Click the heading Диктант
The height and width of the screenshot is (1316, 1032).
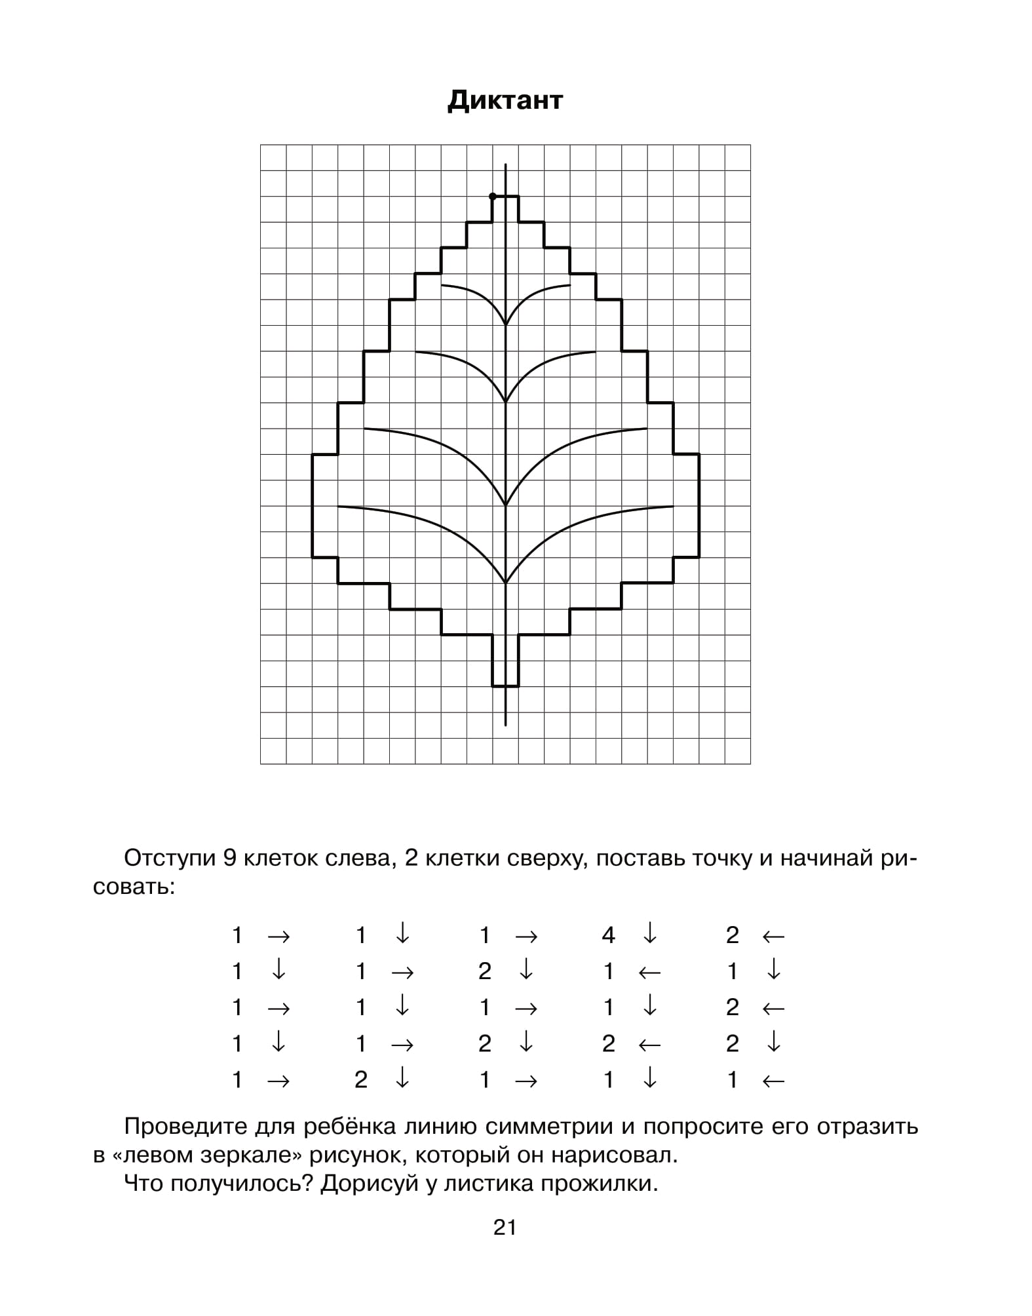(x=505, y=100)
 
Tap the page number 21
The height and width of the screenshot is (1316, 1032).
(x=505, y=1227)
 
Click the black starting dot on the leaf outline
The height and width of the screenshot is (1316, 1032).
(x=493, y=196)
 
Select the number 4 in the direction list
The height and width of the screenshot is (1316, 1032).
(x=608, y=935)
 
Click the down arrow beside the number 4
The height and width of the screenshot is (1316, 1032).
(x=649, y=934)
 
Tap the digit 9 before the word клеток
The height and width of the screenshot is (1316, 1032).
(x=229, y=858)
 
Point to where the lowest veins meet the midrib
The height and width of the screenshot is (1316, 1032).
(x=505, y=583)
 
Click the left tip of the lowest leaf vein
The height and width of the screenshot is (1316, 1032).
(x=339, y=507)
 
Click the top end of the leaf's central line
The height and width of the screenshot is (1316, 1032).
(x=505, y=164)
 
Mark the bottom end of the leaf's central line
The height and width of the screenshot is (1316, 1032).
(x=505, y=725)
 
